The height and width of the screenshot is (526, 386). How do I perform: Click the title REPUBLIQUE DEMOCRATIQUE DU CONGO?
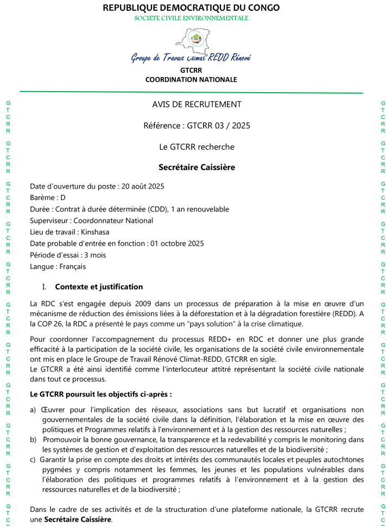coord(191,8)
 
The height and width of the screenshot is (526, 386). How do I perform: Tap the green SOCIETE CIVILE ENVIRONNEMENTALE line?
coord(191,18)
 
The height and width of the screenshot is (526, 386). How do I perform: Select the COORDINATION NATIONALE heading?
coord(191,80)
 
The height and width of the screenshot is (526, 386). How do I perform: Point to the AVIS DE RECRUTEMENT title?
coord(197,105)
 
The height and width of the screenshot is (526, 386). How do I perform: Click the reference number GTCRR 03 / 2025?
coord(218,126)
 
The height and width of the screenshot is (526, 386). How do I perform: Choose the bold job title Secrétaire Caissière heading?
coord(197,168)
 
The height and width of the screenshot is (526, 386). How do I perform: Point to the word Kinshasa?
coord(96,232)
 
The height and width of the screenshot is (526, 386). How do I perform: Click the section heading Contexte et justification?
coord(99,287)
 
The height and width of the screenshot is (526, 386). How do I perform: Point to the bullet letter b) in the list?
coord(33,439)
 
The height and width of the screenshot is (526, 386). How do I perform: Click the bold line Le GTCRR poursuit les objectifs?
coord(101,394)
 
